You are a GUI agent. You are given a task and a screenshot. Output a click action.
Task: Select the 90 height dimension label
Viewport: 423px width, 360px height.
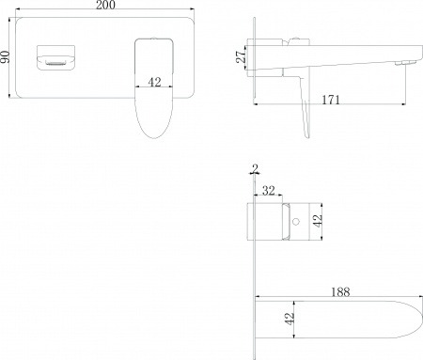[7, 59]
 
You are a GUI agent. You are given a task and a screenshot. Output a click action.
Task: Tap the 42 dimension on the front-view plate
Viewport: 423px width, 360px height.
[155, 82]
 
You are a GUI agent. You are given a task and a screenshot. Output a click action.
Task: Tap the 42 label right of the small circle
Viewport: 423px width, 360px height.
[320, 223]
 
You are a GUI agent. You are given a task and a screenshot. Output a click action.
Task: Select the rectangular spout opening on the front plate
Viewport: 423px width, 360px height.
[53, 59]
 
